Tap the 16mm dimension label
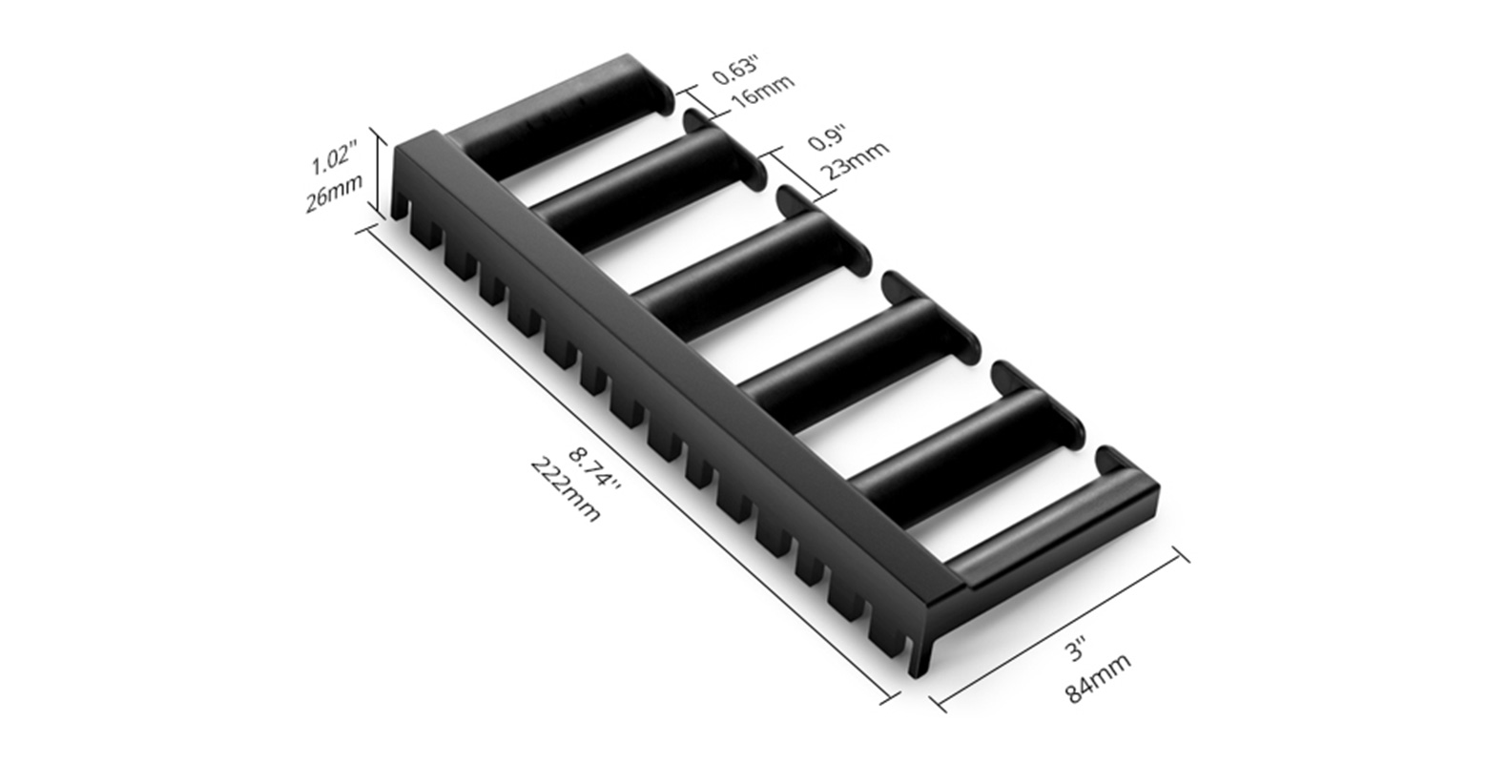pyautogui.click(x=760, y=94)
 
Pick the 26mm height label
pyautogui.click(x=334, y=195)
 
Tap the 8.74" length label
pyautogui.click(x=594, y=469)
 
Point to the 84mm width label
pyautogui.click(x=1098, y=678)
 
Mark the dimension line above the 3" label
pyautogui.click(x=1059, y=629)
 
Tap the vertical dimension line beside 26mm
pyautogui.click(x=381, y=175)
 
